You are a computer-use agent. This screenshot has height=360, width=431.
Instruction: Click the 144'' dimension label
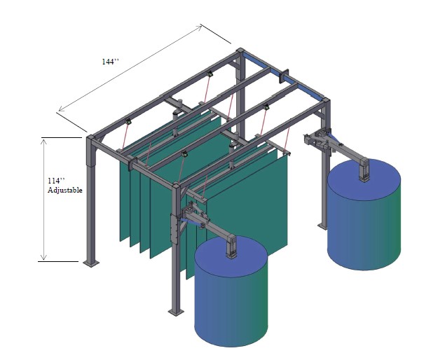coord(111,62)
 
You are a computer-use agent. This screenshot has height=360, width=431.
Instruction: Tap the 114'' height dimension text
coord(56,181)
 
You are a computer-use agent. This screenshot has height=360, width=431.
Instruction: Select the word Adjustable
coord(65,191)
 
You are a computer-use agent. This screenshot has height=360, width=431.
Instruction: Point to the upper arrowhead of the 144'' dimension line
coord(200,27)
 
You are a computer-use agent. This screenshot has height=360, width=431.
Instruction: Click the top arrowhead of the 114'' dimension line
coord(43,141)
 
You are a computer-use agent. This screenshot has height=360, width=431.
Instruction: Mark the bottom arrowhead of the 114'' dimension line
coord(43,257)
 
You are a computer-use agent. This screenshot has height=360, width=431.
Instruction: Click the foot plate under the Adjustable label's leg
coord(91,263)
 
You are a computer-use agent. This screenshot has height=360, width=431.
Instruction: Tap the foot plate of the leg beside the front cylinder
coord(176,312)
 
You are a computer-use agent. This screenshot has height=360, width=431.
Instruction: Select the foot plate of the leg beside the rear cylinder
coord(323,226)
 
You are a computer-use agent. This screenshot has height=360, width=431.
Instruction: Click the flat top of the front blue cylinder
coord(231,256)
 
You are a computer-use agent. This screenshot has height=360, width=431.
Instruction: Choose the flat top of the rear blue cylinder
coord(364,179)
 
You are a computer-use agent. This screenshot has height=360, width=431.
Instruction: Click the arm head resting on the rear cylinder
coord(364,169)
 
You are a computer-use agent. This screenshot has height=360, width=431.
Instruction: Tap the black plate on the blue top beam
coord(284,76)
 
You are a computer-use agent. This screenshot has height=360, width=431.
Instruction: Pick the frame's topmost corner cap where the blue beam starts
coord(240,51)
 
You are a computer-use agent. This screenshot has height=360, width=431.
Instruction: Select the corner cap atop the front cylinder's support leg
coord(176,186)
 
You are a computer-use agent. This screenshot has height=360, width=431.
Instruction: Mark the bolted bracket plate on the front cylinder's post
coord(174,228)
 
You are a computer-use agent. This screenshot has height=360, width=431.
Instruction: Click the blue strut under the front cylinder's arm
coord(190,221)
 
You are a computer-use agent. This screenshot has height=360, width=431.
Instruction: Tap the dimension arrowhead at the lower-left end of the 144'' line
coord(61,109)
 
